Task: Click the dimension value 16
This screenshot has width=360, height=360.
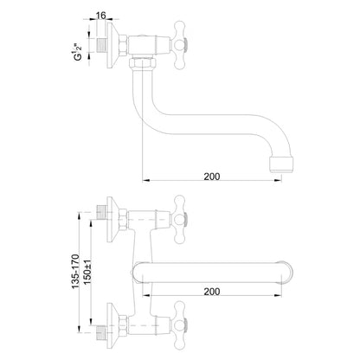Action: tap(100, 16)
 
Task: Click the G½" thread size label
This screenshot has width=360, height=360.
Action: tap(78, 52)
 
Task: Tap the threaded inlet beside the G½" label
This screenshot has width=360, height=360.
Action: tap(101, 45)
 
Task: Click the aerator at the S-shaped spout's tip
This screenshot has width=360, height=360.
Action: tap(281, 164)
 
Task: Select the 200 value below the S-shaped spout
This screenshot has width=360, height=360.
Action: tap(212, 177)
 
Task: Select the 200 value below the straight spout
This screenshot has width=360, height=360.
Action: tap(212, 292)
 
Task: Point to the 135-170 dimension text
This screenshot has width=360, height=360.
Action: tap(75, 272)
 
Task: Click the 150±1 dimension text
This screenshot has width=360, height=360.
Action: tap(87, 272)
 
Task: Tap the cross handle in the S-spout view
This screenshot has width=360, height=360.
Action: tap(179, 45)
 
